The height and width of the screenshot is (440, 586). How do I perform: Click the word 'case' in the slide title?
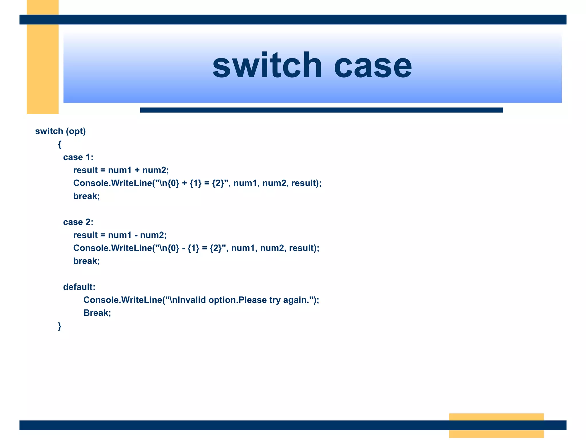(373, 66)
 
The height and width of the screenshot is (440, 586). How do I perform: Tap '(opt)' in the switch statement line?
(76, 131)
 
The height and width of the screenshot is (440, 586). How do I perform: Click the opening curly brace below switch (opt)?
(60, 144)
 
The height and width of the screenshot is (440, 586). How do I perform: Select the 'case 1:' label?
(78, 157)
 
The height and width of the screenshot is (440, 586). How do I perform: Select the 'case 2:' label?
(78, 222)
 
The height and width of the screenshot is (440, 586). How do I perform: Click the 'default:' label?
(79, 287)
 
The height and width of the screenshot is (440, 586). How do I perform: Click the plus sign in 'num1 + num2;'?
(137, 170)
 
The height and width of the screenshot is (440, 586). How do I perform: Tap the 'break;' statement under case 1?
(86, 196)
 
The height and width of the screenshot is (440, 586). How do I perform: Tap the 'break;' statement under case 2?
(86, 261)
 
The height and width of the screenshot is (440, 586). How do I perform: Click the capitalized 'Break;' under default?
(97, 313)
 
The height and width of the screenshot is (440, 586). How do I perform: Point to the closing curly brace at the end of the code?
(60, 326)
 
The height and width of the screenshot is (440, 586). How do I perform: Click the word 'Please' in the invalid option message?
(252, 300)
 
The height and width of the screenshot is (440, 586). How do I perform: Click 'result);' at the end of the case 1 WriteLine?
(306, 183)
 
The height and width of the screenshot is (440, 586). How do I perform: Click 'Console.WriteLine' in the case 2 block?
(112, 248)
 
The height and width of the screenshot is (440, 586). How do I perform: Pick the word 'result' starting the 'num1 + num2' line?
(85, 170)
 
